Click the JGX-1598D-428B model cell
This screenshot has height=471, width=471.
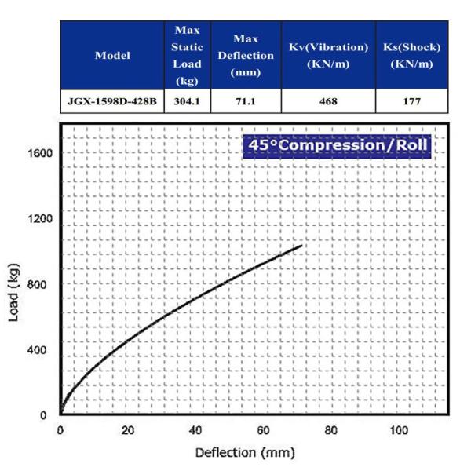(112, 101)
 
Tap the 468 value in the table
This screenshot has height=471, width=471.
(327, 101)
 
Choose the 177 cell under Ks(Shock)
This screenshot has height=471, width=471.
(411, 101)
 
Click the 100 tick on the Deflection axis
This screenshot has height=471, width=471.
(400, 430)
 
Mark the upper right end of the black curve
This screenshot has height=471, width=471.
(301, 246)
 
